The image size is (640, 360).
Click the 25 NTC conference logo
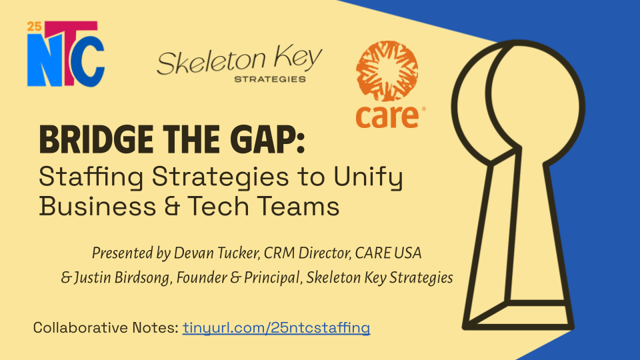65,55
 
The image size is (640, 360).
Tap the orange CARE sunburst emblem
388,73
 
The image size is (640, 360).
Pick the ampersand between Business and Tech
169,206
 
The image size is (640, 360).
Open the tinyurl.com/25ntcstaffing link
277,327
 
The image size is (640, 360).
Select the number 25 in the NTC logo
34,27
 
